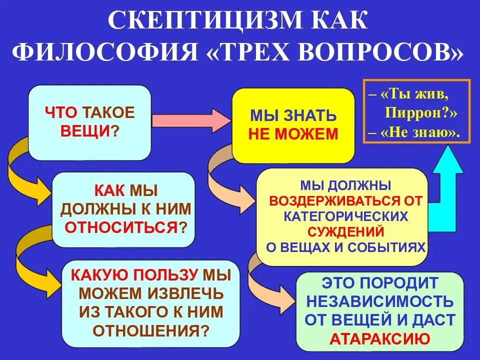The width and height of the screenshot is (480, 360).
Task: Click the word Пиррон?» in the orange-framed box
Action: click(421, 112)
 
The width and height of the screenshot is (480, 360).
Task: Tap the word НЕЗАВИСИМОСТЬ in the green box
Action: click(380, 301)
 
